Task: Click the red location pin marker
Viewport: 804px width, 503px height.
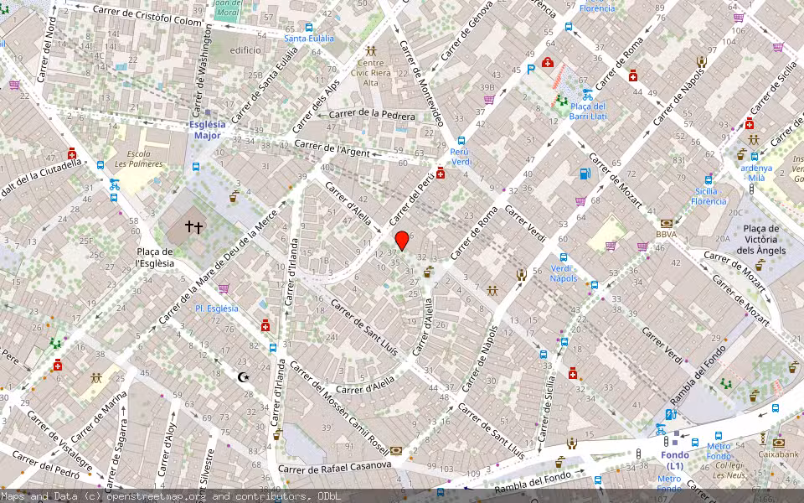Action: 402,240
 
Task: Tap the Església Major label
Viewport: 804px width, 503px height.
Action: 208,129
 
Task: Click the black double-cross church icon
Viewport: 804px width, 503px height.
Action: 194,226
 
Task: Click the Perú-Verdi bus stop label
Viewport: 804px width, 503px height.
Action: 461,157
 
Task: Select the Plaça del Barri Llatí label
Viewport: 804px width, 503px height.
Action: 587,111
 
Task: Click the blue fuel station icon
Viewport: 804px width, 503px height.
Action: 585,174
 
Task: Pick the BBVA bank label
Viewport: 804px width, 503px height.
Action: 667,235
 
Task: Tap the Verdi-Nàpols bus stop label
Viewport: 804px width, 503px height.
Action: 564,273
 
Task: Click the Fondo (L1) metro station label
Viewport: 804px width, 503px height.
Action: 675,460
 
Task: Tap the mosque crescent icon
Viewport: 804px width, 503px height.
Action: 244,378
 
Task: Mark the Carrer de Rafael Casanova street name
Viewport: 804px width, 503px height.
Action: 334,466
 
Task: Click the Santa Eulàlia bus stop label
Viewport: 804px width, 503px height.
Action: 309,39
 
